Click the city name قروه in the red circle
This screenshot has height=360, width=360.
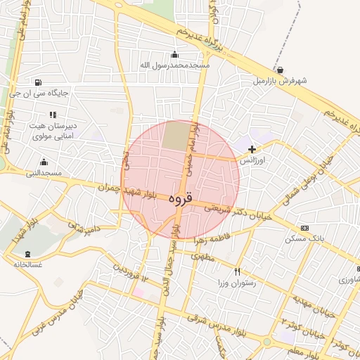pyautogui.click(x=180, y=199)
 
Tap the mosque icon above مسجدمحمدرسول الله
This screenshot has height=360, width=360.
pyautogui.click(x=174, y=55)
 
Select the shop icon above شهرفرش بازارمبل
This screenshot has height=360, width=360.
pyautogui.click(x=281, y=70)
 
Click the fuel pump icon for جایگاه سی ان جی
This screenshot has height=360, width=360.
pyautogui.click(x=37, y=82)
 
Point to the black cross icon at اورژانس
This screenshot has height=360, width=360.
pyautogui.click(x=252, y=149)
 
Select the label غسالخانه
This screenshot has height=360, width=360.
pyautogui.click(x=27, y=264)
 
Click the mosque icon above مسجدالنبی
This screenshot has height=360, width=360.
pyautogui.click(x=44, y=162)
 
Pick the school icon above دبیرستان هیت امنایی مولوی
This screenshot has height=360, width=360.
pyautogui.click(x=51, y=114)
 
